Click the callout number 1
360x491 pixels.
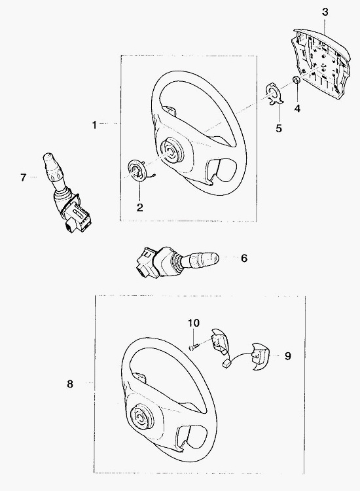[x=94, y=125]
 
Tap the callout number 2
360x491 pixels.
[x=139, y=207]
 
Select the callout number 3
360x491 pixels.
[x=325, y=12]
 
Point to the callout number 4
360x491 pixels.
[x=297, y=109]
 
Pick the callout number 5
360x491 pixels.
[x=279, y=128]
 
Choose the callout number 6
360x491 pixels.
[x=244, y=258]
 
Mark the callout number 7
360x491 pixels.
[x=23, y=177]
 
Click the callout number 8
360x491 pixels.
[x=70, y=384]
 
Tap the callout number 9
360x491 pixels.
[x=288, y=356]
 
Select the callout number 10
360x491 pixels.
[x=194, y=323]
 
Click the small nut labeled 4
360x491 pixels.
[x=296, y=80]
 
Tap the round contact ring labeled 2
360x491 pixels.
[x=138, y=170]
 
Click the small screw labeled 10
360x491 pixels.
[x=194, y=346]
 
